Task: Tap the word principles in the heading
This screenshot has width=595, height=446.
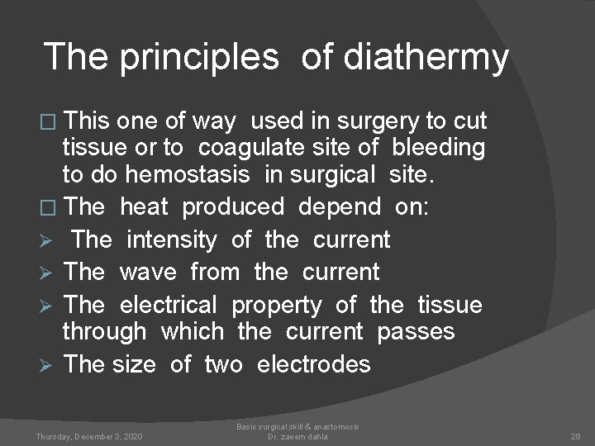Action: point(199,57)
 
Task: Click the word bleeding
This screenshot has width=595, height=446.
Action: point(438,148)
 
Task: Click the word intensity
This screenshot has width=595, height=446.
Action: point(171,240)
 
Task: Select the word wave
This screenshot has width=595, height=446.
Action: point(147,272)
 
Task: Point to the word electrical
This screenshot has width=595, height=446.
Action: point(168,305)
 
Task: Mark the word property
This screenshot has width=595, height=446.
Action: point(276,305)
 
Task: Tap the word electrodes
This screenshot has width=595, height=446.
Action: point(314,363)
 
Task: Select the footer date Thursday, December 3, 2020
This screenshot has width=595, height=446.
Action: point(88,435)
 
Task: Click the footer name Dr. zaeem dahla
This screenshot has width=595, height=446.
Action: point(297,436)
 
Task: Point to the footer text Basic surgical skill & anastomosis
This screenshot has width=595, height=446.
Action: point(297,426)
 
